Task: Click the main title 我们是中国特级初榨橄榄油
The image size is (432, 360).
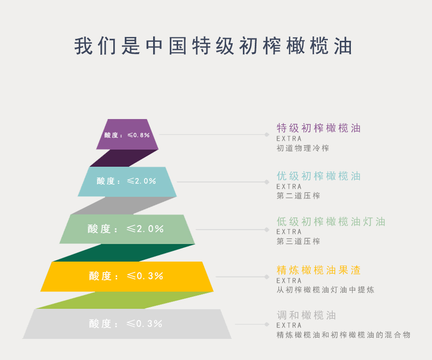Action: [213, 46]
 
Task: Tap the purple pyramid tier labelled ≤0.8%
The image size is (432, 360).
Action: [127, 134]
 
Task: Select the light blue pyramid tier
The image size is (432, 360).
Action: [127, 181]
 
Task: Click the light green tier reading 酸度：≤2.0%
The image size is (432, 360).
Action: [127, 229]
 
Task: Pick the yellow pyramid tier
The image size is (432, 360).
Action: [127, 276]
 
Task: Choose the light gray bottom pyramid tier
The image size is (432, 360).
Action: [127, 324]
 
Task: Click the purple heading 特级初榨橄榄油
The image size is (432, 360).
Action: [319, 128]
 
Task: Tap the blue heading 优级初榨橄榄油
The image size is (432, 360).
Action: [319, 176]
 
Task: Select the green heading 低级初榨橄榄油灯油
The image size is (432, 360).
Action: [331, 221]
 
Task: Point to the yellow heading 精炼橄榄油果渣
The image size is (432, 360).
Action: [319, 270]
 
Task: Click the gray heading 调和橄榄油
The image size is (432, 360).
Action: [306, 315]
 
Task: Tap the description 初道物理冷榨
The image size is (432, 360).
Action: [303, 148]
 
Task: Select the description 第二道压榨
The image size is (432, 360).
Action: [299, 196]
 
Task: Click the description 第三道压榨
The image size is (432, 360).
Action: [299, 241]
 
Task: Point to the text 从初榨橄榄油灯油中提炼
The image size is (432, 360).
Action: [325, 290]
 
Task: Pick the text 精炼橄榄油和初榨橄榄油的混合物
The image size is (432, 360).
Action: [344, 335]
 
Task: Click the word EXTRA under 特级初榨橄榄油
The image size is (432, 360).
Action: [289, 139]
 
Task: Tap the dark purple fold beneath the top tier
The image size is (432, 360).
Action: [124, 158]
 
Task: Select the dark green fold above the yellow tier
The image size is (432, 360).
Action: [124, 252]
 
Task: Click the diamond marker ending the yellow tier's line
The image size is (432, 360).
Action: [267, 277]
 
